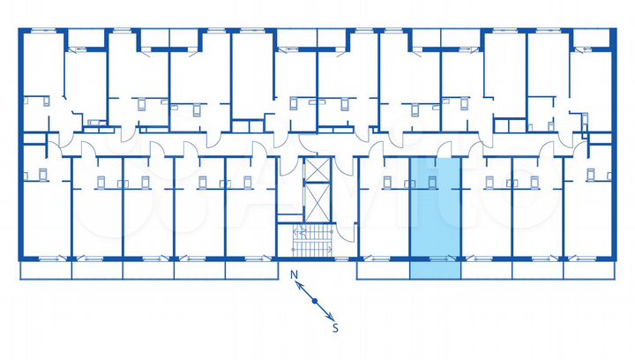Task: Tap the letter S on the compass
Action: point(335,327)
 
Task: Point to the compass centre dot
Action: point(315,302)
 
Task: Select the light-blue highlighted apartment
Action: point(436,216)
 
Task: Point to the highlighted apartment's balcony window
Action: point(436,259)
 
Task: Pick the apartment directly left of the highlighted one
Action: point(384,216)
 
